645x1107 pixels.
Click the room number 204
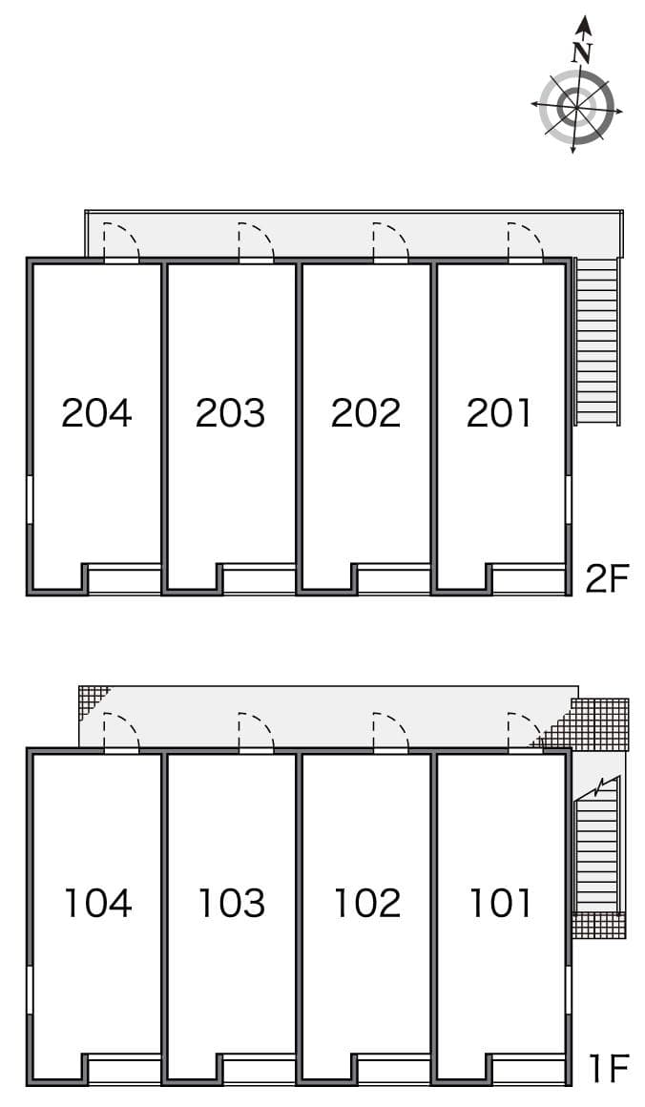point(96,412)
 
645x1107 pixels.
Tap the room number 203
point(230,412)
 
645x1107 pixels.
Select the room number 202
point(365,412)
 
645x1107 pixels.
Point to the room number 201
point(500,412)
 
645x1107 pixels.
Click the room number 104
point(96,902)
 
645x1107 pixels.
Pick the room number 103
point(231,902)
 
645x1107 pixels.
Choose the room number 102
point(366,902)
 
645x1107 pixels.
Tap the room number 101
point(500,902)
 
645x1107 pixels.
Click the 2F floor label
point(607,578)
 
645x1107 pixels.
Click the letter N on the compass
point(582,53)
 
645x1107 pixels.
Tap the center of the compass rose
point(576,107)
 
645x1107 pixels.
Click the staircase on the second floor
point(598,342)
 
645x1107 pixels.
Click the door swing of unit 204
point(121,240)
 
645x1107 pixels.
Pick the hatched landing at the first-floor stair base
point(598,926)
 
